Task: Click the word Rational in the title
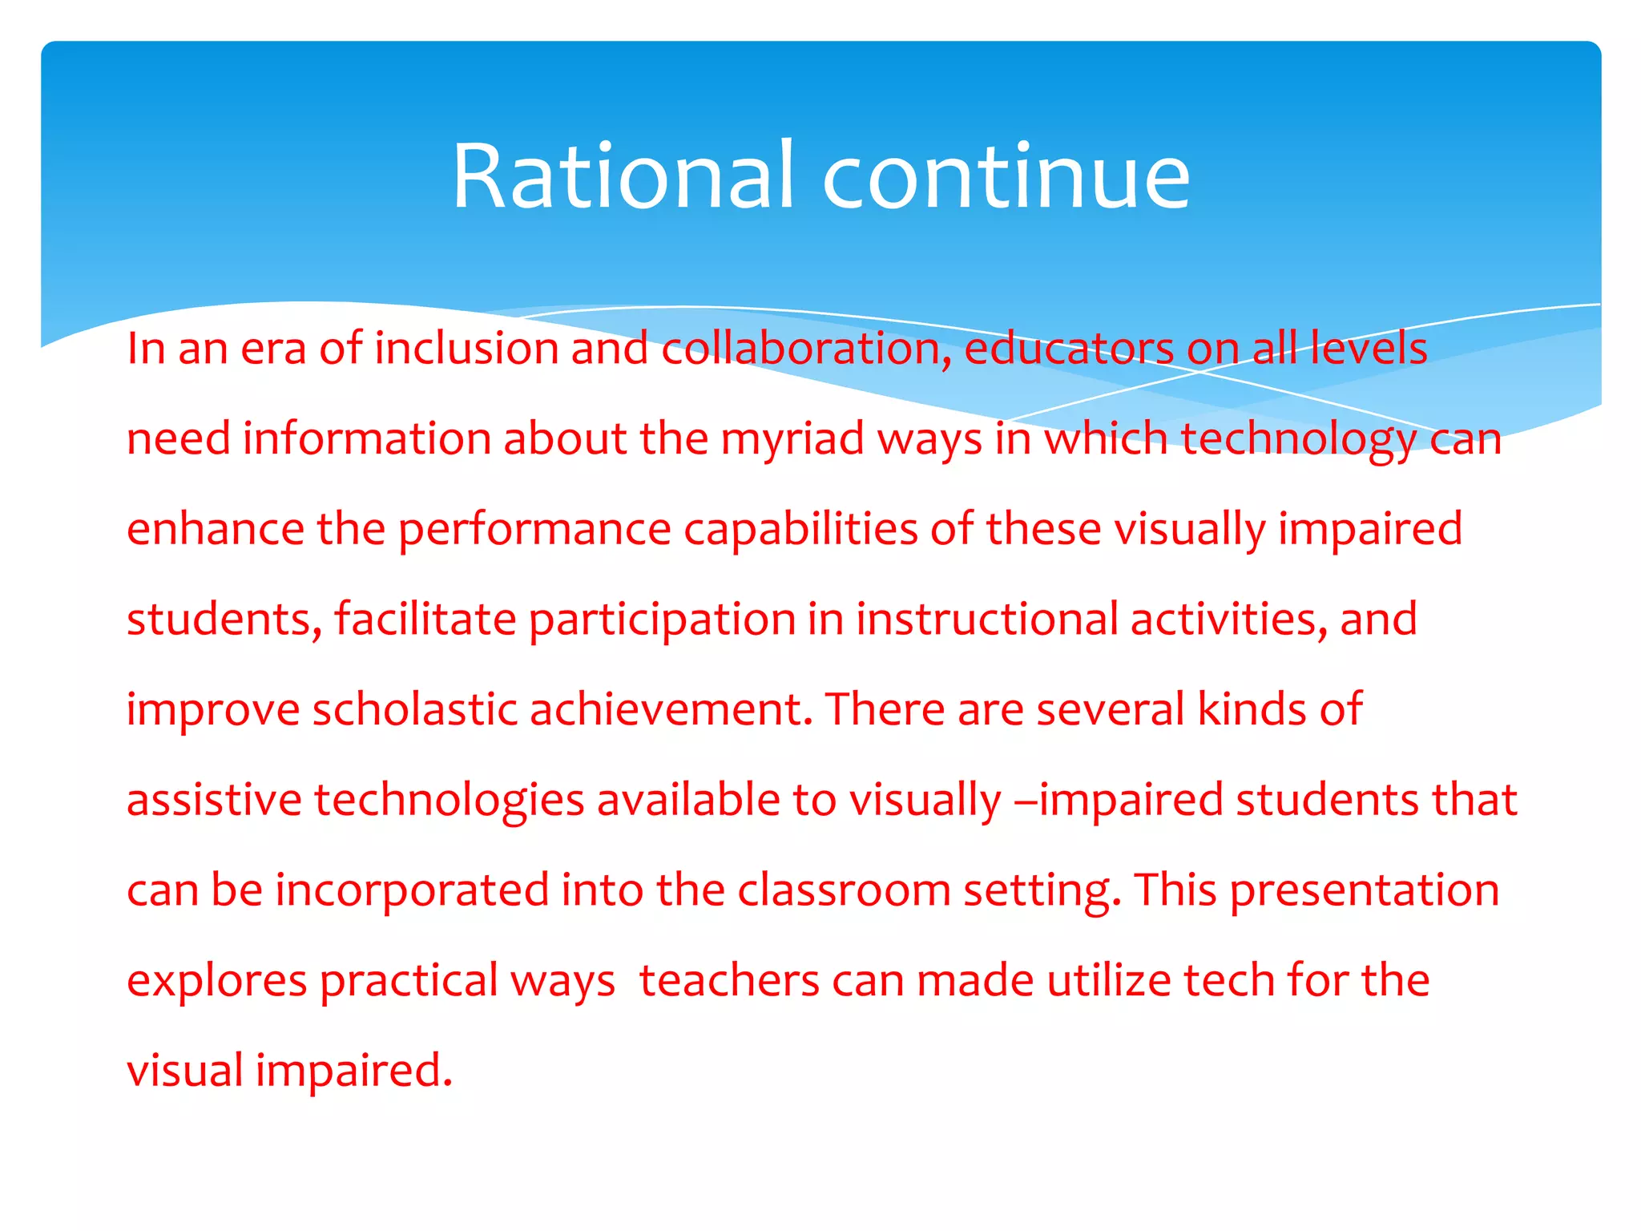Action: (623, 176)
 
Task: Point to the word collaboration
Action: (806, 349)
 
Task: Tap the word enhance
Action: (215, 529)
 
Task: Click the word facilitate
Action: (425, 620)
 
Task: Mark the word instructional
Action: (986, 620)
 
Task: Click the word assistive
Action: (213, 800)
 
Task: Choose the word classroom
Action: (844, 890)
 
